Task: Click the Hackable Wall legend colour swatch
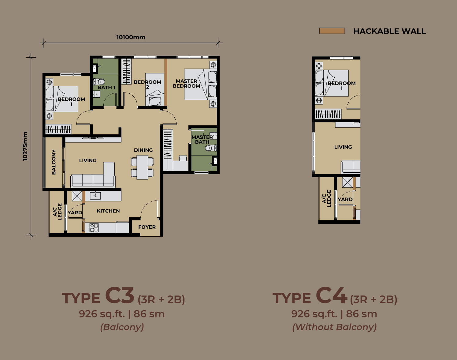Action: pyautogui.click(x=332, y=31)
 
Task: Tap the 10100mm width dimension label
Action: pyautogui.click(x=131, y=37)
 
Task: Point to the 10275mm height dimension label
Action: pyautogui.click(x=25, y=146)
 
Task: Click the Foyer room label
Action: pyautogui.click(x=147, y=227)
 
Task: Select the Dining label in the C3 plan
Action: pyautogui.click(x=143, y=150)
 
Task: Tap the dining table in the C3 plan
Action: pyautogui.click(x=142, y=167)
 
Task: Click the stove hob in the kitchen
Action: pyautogui.click(x=94, y=228)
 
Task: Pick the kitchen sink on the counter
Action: pyautogui.click(x=95, y=196)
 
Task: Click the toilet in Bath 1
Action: pyautogui.click(x=99, y=82)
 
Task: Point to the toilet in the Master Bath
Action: pyautogui.click(x=211, y=148)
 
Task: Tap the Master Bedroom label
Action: pyautogui.click(x=187, y=84)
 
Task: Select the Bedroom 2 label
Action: pyautogui.click(x=147, y=84)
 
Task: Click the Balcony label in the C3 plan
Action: pyautogui.click(x=54, y=162)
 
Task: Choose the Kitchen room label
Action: pyautogui.click(x=108, y=211)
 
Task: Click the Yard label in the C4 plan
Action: pyautogui.click(x=345, y=199)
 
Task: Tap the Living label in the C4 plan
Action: pyautogui.click(x=343, y=147)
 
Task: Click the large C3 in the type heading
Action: pyautogui.click(x=120, y=295)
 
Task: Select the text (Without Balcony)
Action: pyautogui.click(x=334, y=327)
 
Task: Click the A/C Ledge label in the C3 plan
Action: pyautogui.click(x=57, y=212)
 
